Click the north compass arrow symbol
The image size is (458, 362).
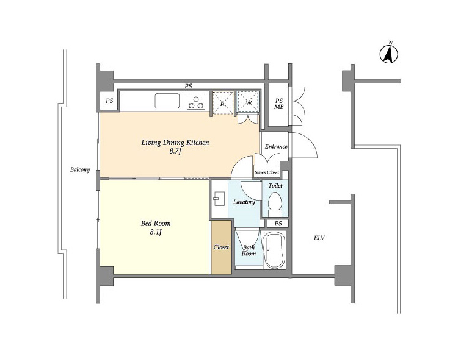pos(389,54)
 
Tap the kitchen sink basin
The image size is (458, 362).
pos(167,101)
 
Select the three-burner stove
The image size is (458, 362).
pos(196,102)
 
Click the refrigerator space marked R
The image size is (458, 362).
pos(223,103)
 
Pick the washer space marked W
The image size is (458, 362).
pos(249,102)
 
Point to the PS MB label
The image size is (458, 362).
pos(279,104)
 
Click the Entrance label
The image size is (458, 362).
pos(276,146)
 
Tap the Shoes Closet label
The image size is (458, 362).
pos(267,172)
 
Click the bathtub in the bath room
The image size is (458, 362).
pos(274,250)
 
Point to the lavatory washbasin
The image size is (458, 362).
pos(219,199)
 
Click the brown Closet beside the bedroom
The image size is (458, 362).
pos(222,247)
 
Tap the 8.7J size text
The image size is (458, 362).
pos(175,151)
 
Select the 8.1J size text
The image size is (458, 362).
pos(156,232)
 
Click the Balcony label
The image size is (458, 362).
pos(80,169)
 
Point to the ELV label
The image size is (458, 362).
pos(319,238)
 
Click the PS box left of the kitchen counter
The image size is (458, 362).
pos(109,101)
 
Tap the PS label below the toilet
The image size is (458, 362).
pos(278,224)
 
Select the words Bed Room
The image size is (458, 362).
pos(156,224)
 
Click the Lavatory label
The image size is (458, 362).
pos(244,202)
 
